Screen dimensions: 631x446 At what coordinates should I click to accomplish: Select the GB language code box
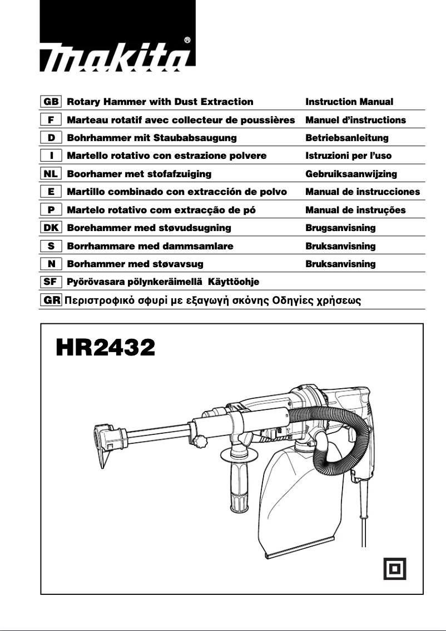click(x=51, y=102)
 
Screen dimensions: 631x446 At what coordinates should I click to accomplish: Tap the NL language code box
click(x=51, y=174)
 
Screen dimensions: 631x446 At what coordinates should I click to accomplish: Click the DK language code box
click(x=51, y=228)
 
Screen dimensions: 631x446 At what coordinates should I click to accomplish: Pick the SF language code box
click(x=51, y=282)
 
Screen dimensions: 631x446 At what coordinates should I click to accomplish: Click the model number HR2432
click(x=105, y=348)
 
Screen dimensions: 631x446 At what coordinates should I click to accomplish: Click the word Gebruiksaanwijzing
click(x=351, y=174)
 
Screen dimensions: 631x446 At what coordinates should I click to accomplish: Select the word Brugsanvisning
click(x=340, y=228)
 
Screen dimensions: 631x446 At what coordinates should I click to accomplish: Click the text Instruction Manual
click(x=349, y=102)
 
